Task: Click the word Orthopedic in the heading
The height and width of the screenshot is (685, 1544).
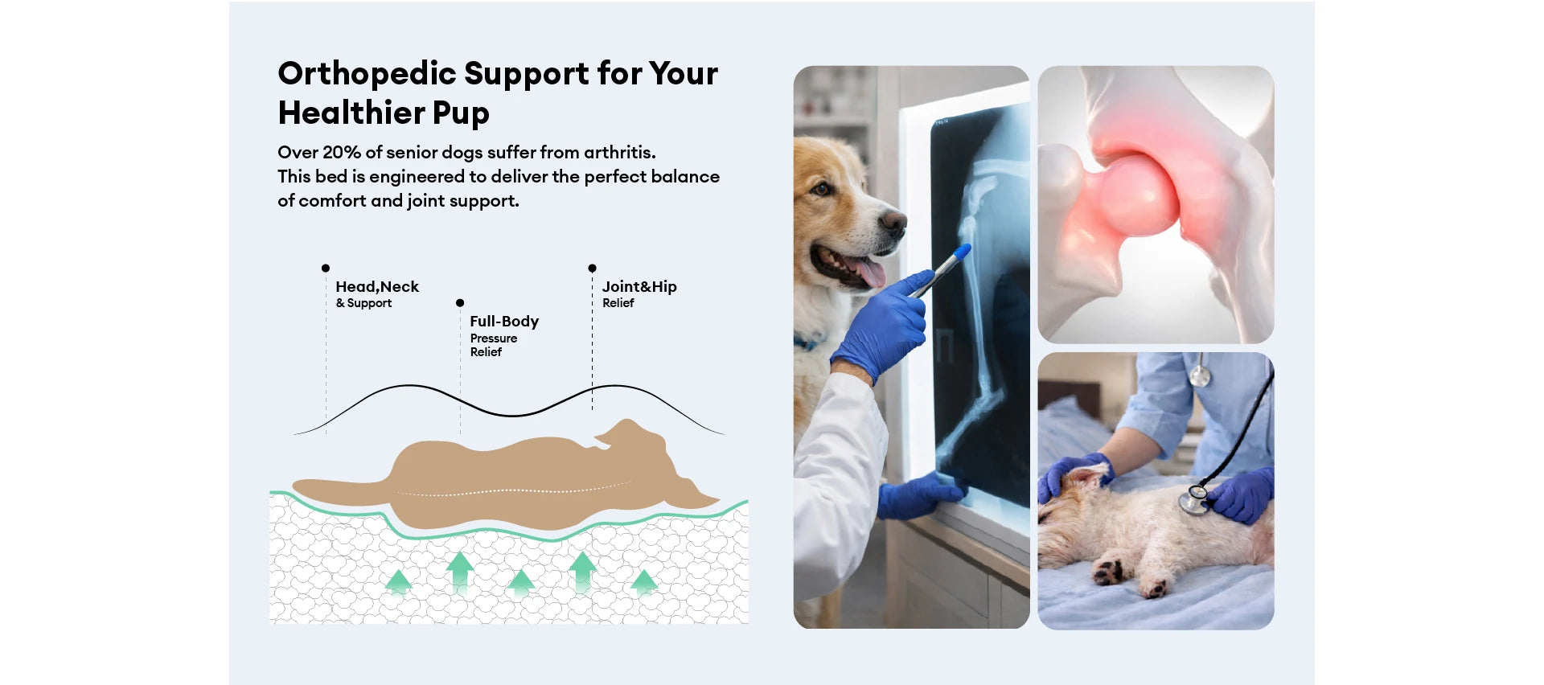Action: pyautogui.click(x=367, y=74)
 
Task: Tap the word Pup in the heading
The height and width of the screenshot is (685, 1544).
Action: pyautogui.click(x=461, y=113)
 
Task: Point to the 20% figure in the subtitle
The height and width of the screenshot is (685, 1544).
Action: pyautogui.click(x=342, y=152)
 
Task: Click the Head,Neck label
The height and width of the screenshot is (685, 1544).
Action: pyautogui.click(x=377, y=287)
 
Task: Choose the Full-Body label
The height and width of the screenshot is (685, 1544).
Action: pyautogui.click(x=504, y=322)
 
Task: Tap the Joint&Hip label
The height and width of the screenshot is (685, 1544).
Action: pyautogui.click(x=639, y=287)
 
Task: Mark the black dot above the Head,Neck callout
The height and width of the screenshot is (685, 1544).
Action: pyautogui.click(x=326, y=268)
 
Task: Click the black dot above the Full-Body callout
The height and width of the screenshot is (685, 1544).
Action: pyautogui.click(x=460, y=303)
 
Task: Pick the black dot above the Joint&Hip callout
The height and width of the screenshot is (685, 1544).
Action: pyautogui.click(x=592, y=268)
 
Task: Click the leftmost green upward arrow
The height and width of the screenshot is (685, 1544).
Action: pyautogui.click(x=399, y=581)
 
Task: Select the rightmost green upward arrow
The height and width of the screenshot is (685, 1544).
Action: pyautogui.click(x=643, y=581)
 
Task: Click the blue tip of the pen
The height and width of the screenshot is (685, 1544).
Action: pyautogui.click(x=963, y=252)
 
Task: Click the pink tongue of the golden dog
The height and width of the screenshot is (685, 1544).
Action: pyautogui.click(x=867, y=269)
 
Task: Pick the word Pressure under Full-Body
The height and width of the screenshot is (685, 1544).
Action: pyautogui.click(x=494, y=338)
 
